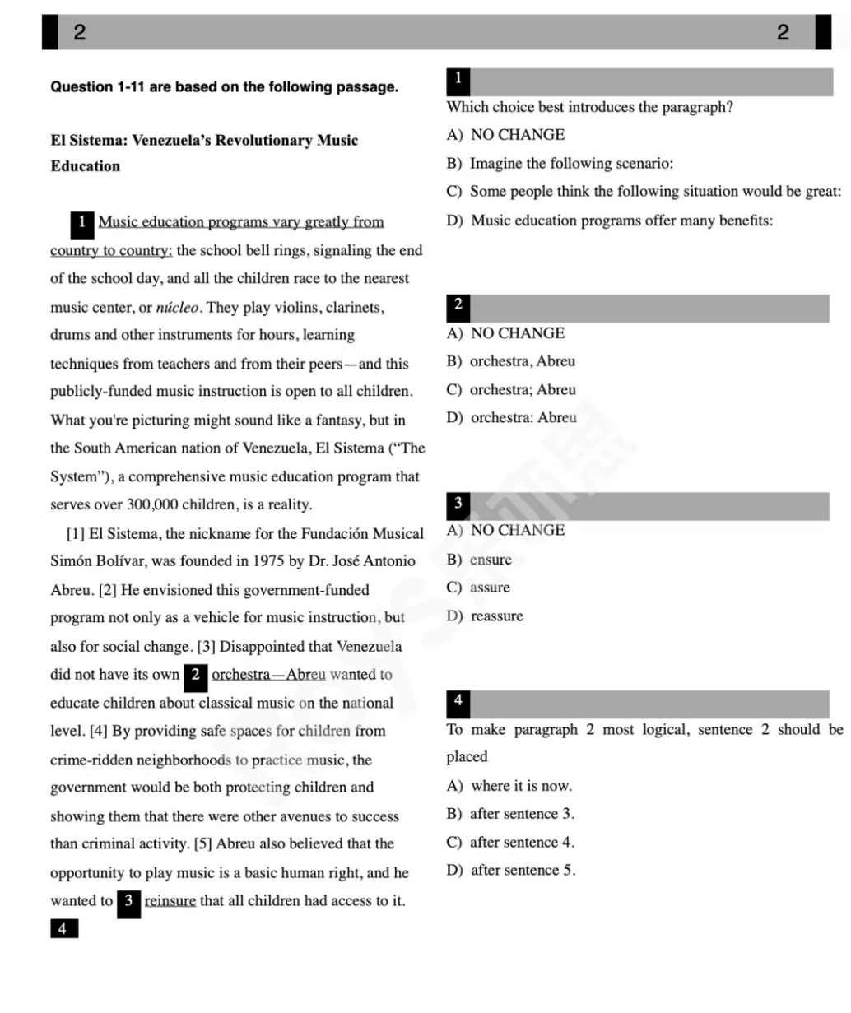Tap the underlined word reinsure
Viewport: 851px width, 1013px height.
pos(170,900)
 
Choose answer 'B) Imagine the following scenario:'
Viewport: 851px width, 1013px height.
pos(560,163)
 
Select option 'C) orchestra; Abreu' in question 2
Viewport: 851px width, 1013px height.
pos(511,389)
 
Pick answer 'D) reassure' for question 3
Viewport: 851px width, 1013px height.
pos(485,616)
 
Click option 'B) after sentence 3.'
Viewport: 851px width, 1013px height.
pos(510,814)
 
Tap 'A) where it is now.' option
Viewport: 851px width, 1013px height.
pos(509,786)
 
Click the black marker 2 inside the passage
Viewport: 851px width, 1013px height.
pos(195,675)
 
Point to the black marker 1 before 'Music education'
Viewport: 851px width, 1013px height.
pos(82,222)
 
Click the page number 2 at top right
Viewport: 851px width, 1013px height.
pos(782,32)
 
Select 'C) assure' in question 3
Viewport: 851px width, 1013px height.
pos(478,588)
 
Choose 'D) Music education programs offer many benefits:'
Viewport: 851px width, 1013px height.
pos(610,220)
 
